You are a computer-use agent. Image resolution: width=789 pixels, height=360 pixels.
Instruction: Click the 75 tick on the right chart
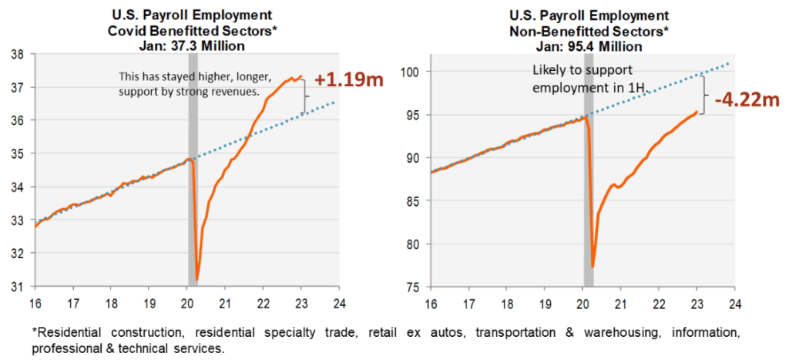(x=413, y=287)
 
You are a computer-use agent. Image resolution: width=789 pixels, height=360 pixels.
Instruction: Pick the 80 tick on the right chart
(x=413, y=244)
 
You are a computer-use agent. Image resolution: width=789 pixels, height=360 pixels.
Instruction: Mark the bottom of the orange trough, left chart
(x=197, y=279)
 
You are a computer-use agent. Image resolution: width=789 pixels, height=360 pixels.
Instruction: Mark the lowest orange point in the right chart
(x=593, y=266)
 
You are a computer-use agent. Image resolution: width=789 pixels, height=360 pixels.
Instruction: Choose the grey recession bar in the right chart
(x=587, y=193)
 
